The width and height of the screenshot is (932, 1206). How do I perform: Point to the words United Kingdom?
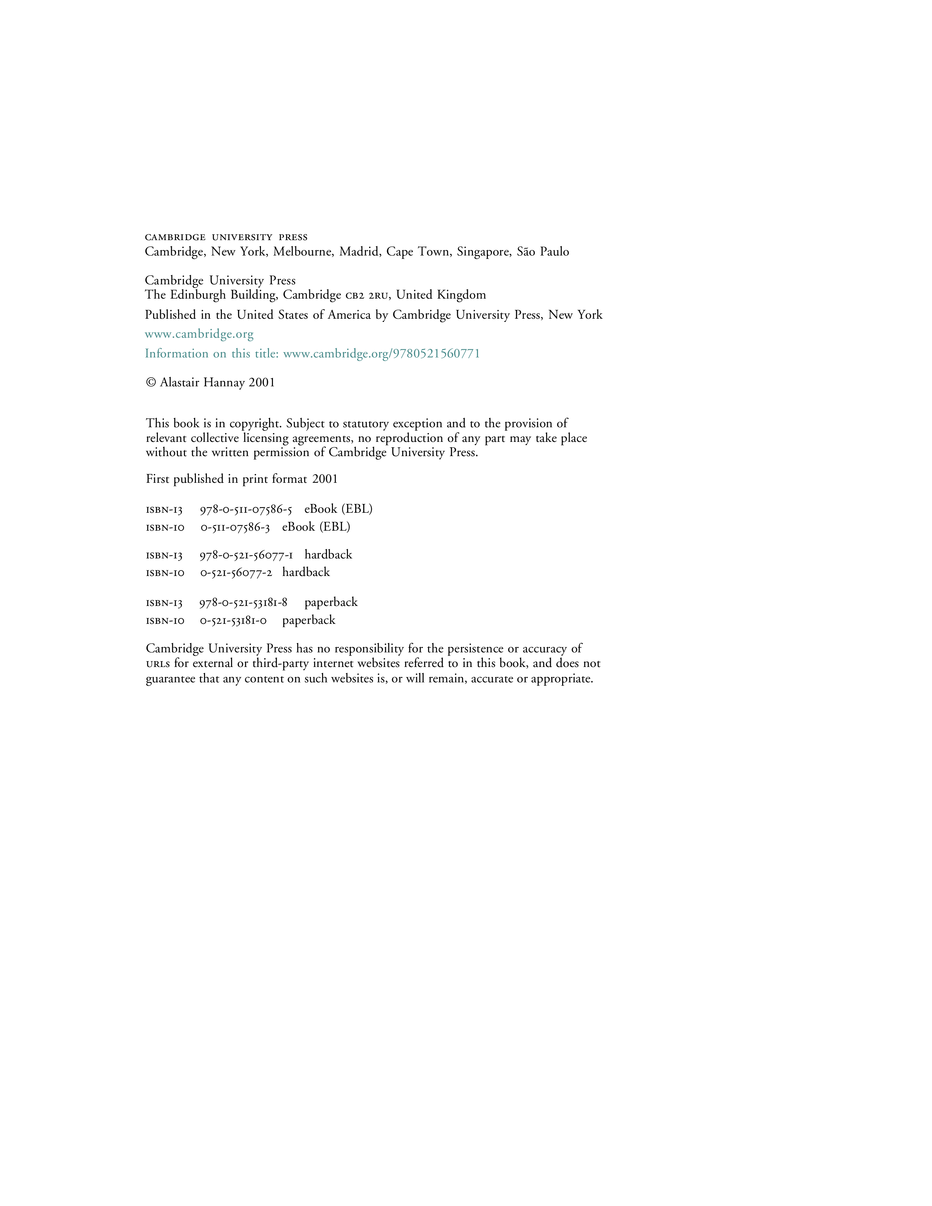click(x=441, y=295)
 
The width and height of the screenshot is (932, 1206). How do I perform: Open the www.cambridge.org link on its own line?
click(x=199, y=334)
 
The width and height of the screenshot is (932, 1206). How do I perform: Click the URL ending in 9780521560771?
click(x=382, y=353)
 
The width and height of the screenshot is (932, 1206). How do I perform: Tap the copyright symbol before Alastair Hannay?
click(x=151, y=383)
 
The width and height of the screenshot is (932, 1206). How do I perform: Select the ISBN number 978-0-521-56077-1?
click(x=246, y=555)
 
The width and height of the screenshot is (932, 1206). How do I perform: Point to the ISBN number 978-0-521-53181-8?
click(x=243, y=602)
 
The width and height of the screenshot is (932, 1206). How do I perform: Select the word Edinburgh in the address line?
click(x=199, y=295)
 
